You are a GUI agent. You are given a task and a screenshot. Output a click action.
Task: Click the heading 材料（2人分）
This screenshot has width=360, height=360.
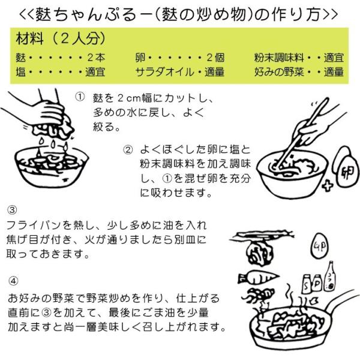coord(61,38)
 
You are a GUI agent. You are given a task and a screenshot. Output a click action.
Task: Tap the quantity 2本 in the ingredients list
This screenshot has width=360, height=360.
coord(96,58)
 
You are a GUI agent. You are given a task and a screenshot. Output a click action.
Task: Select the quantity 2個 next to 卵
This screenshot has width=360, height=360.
coord(215,58)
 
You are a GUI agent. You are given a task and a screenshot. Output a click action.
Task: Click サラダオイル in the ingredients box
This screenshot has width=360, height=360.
coord(164,72)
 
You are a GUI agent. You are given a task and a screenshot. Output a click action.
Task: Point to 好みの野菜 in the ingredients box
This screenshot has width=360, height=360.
coord(279,72)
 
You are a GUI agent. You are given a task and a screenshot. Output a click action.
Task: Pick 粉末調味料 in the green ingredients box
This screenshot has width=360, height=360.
coord(279,58)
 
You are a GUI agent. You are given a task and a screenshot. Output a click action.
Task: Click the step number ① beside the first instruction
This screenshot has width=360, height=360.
coord(80,97)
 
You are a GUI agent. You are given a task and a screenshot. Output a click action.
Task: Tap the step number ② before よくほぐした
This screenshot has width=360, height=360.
coord(128,150)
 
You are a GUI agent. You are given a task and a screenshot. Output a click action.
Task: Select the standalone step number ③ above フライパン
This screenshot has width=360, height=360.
coord(12,210)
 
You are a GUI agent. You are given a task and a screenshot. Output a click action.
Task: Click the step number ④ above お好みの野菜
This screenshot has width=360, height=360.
coord(13,281)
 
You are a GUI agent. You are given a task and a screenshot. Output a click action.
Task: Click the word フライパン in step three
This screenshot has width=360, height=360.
coord(33,226)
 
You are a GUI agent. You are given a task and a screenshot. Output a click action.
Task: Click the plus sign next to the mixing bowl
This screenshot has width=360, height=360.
coord(328,186)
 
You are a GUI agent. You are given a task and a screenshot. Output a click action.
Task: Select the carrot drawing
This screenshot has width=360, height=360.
coord(258,278)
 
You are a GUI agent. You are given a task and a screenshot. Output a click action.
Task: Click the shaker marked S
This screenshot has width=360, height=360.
coord(307,284)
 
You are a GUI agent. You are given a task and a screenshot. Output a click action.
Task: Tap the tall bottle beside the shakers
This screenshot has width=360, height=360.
coord(330,277)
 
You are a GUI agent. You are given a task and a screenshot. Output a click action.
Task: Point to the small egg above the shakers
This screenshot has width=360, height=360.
coord(320,246)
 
